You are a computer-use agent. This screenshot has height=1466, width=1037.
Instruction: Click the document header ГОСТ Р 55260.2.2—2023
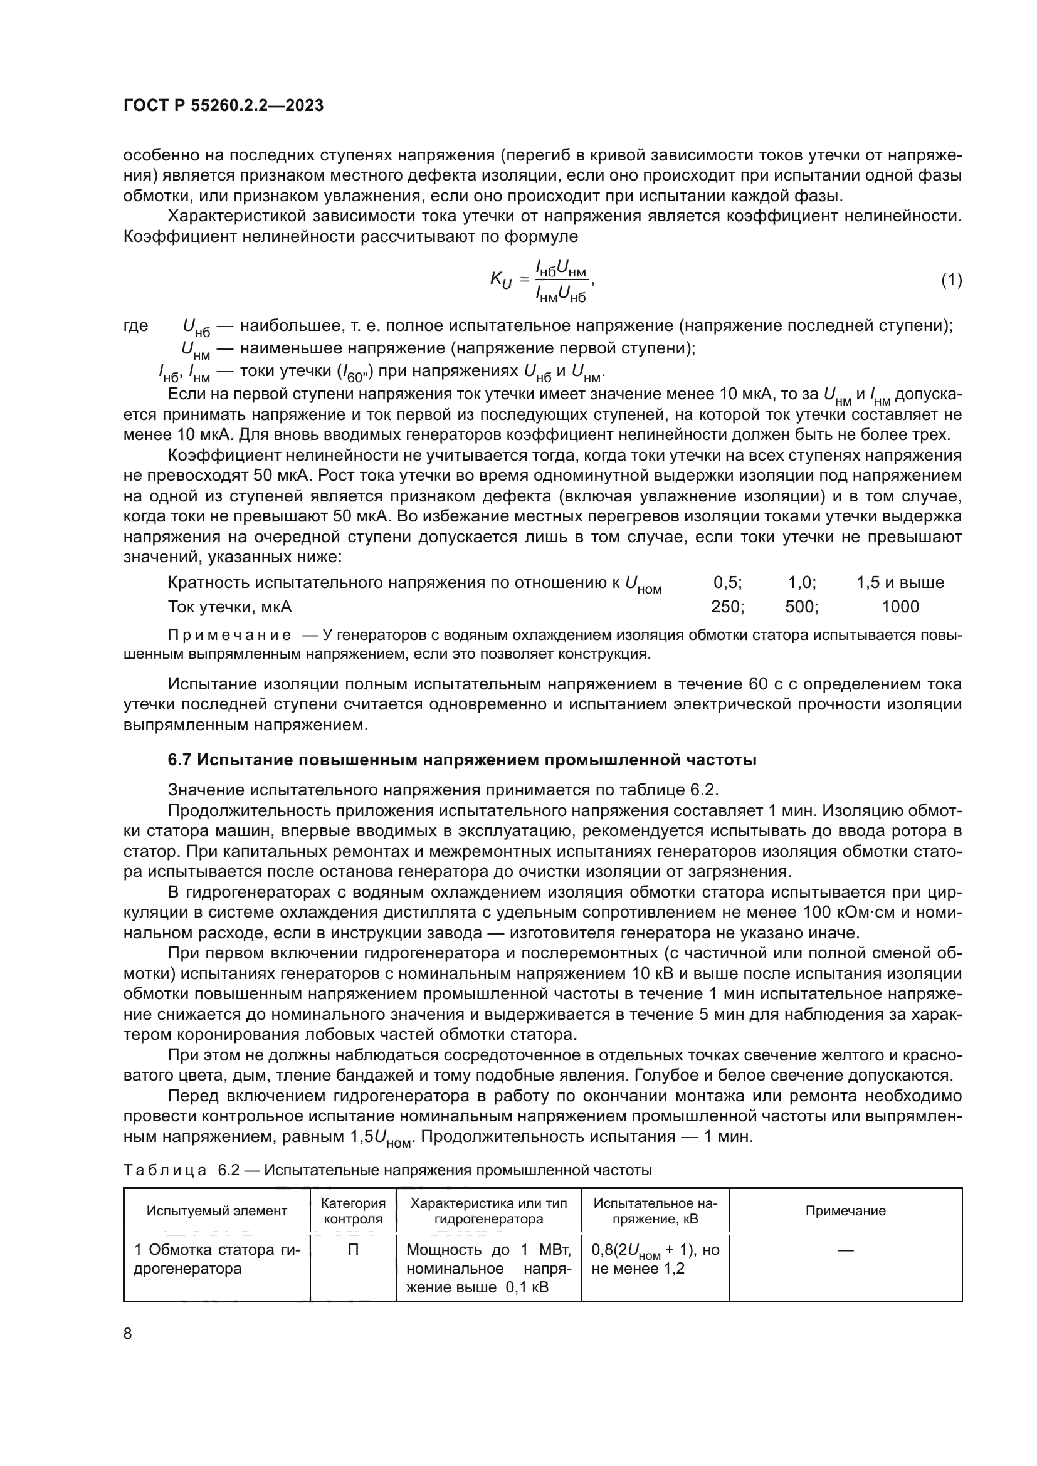[x=223, y=105]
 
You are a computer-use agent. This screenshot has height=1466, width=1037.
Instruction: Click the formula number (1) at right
[x=952, y=280]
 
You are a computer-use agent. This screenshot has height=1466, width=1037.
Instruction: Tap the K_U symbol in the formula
[x=502, y=280]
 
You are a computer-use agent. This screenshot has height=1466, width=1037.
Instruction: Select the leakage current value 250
[x=727, y=607]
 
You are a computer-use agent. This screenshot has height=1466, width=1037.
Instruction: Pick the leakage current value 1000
[x=900, y=607]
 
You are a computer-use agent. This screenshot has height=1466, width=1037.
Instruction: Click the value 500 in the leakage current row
[x=801, y=607]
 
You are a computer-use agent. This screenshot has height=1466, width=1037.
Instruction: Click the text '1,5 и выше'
[x=900, y=582]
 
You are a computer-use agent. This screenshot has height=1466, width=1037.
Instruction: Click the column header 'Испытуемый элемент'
[x=216, y=1212]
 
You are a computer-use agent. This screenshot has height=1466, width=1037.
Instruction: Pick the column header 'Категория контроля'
[x=353, y=1212]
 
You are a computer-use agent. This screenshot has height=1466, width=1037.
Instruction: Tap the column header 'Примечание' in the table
[x=845, y=1212]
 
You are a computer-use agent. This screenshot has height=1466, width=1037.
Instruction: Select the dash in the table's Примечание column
[x=845, y=1250]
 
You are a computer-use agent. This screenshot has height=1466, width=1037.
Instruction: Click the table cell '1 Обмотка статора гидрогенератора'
[x=216, y=1259]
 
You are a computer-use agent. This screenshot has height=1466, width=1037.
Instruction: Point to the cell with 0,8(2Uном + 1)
[x=655, y=1259]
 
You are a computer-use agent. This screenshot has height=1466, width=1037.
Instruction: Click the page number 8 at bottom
[x=128, y=1334]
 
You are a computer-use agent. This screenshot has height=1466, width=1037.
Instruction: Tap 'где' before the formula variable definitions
[x=135, y=326]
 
